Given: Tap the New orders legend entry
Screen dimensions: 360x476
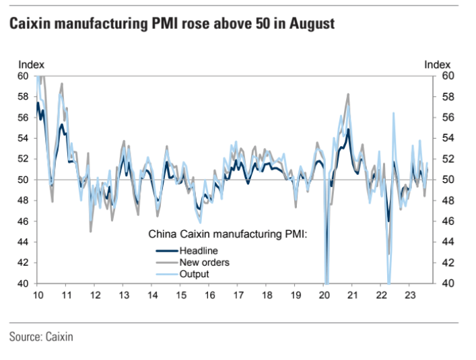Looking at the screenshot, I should tap(204, 262).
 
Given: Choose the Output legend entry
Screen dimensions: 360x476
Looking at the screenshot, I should tap(194, 274).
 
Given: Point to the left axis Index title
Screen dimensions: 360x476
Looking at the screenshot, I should tap(31, 65).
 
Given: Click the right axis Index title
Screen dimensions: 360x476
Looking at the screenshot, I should tap(437, 65).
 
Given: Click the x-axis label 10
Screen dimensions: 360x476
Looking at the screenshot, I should tap(38, 295).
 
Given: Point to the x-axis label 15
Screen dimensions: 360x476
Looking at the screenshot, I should tap(180, 295).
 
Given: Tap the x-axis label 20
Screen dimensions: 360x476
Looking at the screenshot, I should tap(324, 295).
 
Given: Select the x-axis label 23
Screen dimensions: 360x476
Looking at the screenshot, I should tap(409, 295).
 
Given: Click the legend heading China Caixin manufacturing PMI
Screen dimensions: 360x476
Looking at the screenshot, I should tap(227, 235).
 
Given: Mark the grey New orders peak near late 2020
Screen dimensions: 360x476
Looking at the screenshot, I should tap(348, 94).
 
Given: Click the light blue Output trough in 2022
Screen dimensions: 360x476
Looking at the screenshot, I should tap(388, 281).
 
